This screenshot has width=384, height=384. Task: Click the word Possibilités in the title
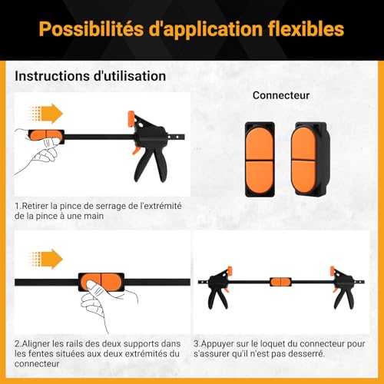pyautogui.click(x=91, y=29)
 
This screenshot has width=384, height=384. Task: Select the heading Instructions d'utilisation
pyautogui.click(x=91, y=76)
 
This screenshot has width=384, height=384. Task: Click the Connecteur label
pyautogui.click(x=281, y=95)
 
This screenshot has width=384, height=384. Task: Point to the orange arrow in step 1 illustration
pyautogui.click(x=46, y=114)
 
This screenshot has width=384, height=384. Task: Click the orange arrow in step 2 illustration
pyautogui.click(x=46, y=259)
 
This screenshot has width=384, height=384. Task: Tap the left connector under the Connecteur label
pyautogui.click(x=260, y=159)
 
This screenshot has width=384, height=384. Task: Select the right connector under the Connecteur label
pyautogui.click(x=310, y=159)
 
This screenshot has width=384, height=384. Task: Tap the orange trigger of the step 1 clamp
pyautogui.click(x=136, y=151)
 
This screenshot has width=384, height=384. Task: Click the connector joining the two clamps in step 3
pyautogui.click(x=281, y=282)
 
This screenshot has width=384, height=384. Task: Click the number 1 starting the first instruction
pyautogui.click(x=17, y=206)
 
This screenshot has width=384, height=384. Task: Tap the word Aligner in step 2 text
pyautogui.click(x=36, y=344)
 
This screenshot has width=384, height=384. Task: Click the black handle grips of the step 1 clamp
pyautogui.click(x=151, y=164)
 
